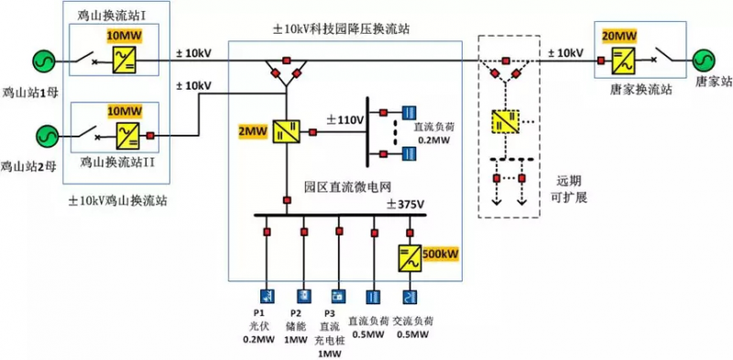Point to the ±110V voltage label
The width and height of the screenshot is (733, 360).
(x=345, y=120)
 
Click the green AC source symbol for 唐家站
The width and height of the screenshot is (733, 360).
(x=706, y=61)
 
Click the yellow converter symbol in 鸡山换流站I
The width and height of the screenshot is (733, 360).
(x=125, y=61)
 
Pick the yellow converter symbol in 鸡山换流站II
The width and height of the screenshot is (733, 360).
(x=125, y=135)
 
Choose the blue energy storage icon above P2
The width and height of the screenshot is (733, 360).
(x=302, y=296)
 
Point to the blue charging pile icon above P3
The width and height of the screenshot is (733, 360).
(x=338, y=296)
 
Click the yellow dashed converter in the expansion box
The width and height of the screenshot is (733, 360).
(x=504, y=120)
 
